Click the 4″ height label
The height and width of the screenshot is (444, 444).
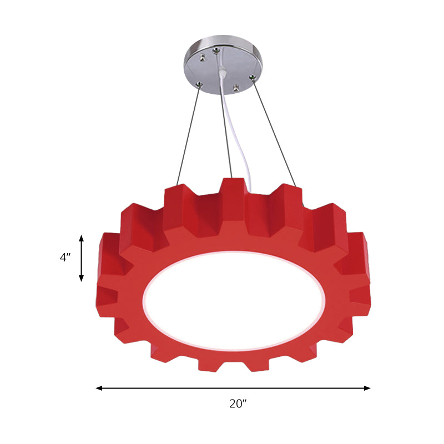point(66,258)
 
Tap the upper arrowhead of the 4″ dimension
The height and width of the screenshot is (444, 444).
point(82,238)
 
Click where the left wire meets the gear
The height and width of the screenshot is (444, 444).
point(178,185)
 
